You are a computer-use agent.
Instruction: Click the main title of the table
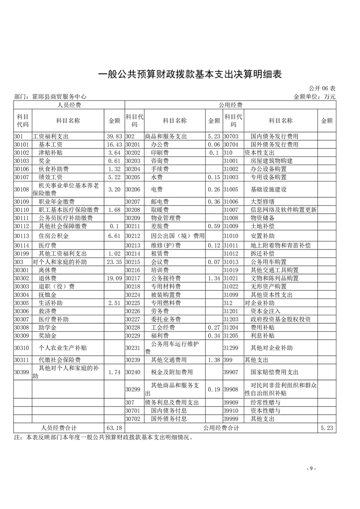coord(190,74)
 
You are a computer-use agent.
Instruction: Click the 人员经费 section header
coord(69,105)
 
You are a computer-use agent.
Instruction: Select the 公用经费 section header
coord(230,105)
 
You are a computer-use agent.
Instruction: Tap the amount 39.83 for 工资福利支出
coord(114,136)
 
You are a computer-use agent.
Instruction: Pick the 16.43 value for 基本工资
coord(114,144)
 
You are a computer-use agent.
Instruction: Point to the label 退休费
coord(48,278)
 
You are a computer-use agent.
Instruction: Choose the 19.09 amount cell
coord(114,278)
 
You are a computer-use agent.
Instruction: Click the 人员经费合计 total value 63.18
coord(114,428)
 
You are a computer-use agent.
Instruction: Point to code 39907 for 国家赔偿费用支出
coord(231,372)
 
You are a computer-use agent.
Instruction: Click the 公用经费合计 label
coord(221,428)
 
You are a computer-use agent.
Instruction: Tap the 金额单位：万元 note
coord(315,96)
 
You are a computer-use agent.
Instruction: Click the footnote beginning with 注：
coord(104,438)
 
